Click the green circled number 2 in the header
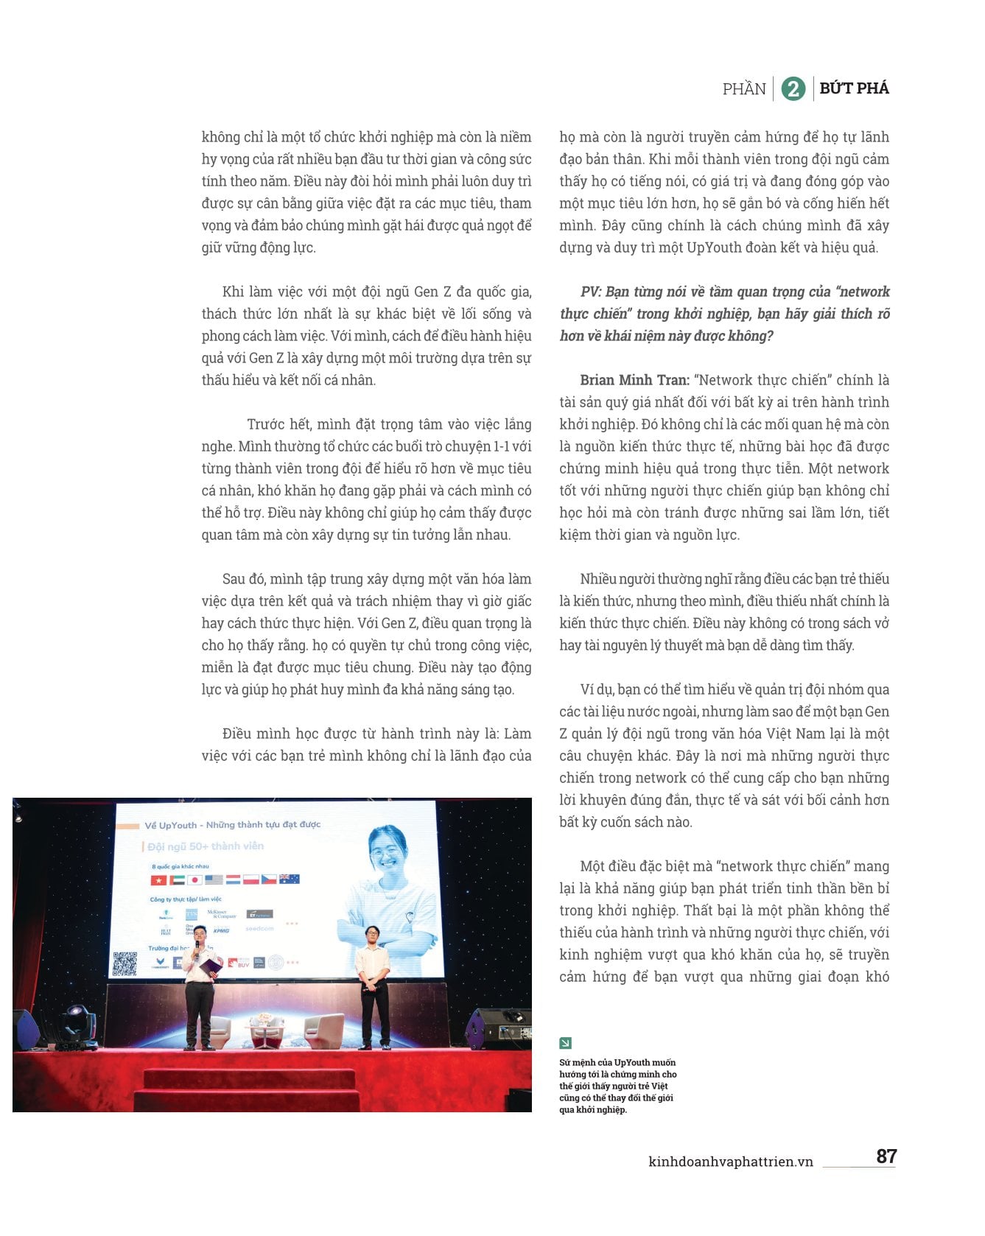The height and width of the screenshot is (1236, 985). [793, 89]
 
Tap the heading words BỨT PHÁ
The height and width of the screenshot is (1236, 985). [854, 88]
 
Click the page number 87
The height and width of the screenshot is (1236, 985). [886, 1156]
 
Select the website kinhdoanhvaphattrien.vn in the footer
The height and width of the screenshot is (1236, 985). [730, 1162]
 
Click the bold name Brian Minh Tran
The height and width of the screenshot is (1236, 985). [634, 380]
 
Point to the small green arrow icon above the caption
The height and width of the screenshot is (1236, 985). [565, 1043]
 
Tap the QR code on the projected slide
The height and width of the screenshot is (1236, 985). [125, 963]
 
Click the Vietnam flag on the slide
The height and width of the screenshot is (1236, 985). [158, 880]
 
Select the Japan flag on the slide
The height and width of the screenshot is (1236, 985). [194, 880]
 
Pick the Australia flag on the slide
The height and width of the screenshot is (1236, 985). [290, 879]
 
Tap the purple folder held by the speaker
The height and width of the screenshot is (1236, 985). [212, 965]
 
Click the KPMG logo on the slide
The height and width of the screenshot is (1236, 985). [221, 930]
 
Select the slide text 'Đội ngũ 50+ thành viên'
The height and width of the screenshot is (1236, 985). [206, 846]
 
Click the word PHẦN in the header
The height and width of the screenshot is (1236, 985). [744, 89]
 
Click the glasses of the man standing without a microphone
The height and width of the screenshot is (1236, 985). [372, 935]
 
